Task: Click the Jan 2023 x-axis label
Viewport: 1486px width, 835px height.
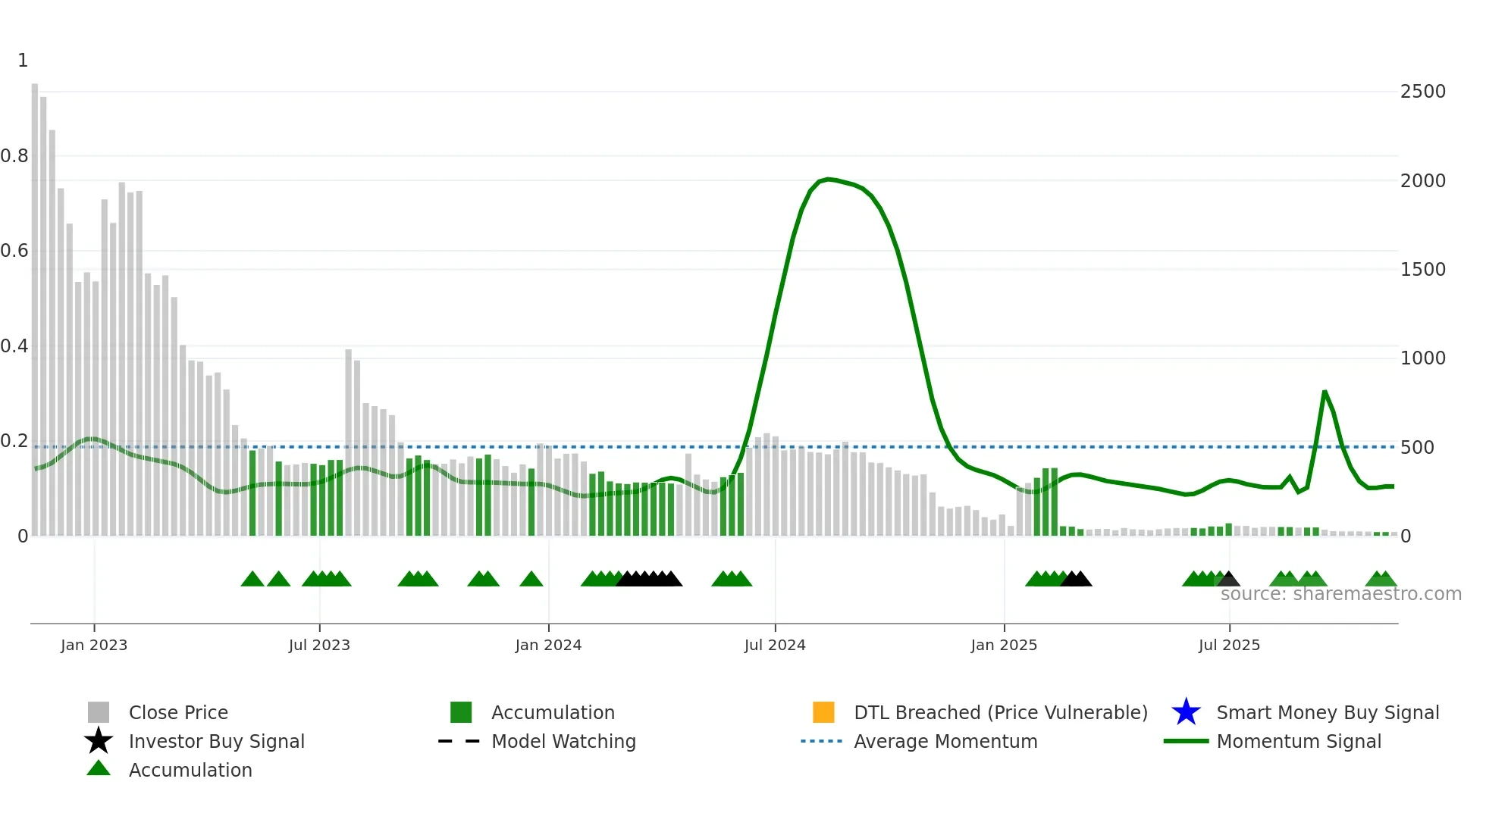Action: [x=94, y=645]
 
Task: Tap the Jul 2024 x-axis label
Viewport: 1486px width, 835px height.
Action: [x=775, y=645]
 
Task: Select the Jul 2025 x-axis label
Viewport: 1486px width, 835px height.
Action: [x=1229, y=645]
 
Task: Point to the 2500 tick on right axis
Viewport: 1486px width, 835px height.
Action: [x=1422, y=92]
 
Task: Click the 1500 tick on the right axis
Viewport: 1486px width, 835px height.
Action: [x=1422, y=270]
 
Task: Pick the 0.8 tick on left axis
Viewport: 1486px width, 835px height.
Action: [x=14, y=156]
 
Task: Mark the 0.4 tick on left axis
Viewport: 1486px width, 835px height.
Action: [x=14, y=346]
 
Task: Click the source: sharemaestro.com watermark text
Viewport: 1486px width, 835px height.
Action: [x=1340, y=594]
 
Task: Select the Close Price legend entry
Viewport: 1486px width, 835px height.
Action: [x=178, y=712]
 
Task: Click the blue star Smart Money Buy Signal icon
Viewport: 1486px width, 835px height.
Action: [x=1186, y=712]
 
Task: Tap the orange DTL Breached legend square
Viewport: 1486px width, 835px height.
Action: [x=823, y=712]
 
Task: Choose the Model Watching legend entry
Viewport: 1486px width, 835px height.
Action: [x=563, y=741]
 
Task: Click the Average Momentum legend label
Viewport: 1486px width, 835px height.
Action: [x=945, y=741]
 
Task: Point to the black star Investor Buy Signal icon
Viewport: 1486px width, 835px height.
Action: [x=99, y=741]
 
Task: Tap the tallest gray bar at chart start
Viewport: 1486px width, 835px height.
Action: [x=35, y=303]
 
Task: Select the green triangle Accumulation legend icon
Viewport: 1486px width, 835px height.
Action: [x=99, y=768]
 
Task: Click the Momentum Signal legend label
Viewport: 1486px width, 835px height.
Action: [x=1299, y=741]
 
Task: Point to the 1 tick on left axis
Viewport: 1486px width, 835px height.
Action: [x=23, y=61]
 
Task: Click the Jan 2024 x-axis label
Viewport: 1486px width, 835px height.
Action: [x=548, y=645]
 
